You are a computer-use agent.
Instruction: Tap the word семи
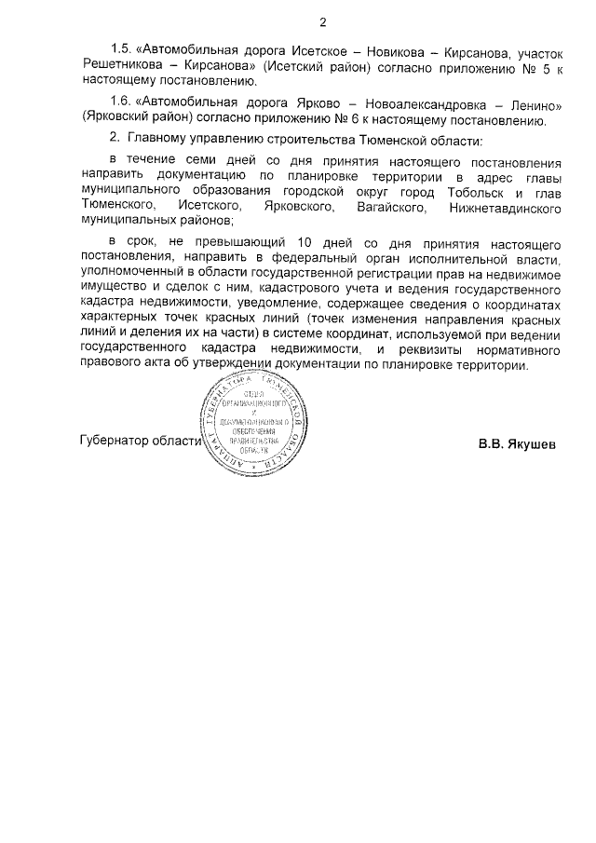[186, 160]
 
